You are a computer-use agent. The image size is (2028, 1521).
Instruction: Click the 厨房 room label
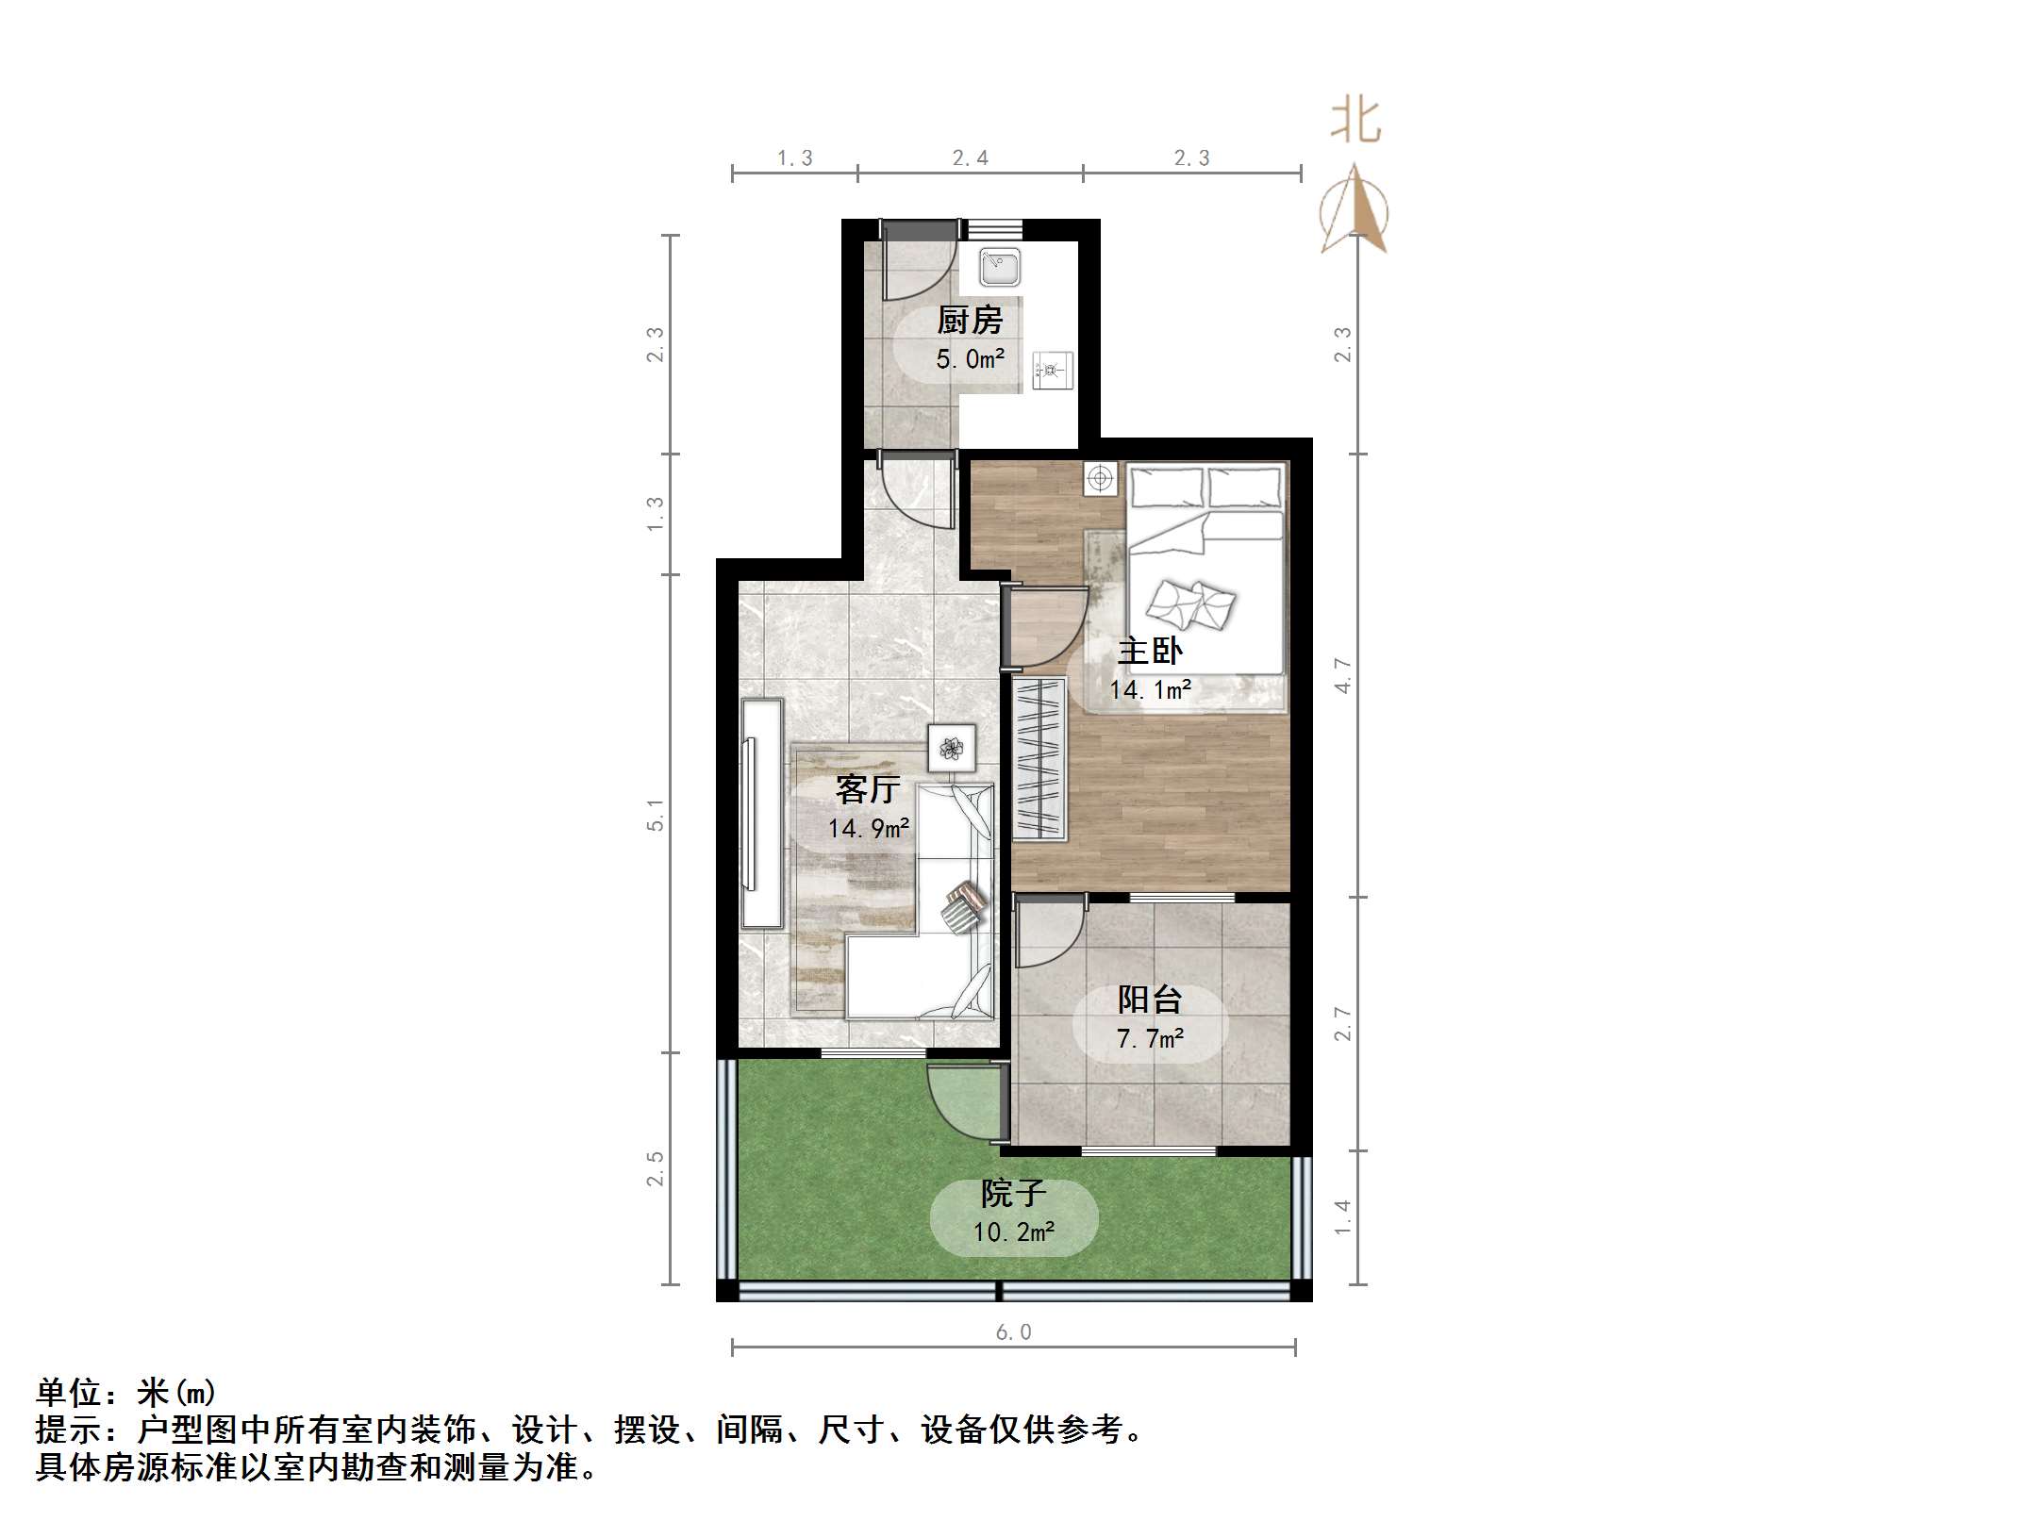pos(970,321)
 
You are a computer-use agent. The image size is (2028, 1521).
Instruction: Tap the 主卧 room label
pos(1150,651)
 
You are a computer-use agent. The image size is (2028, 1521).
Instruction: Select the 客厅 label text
pos(868,788)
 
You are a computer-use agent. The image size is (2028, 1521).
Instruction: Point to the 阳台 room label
pos(1150,1000)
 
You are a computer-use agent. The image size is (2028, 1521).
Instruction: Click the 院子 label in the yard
pos(1013,1194)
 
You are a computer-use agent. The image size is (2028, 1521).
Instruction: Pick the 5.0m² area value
pos(970,359)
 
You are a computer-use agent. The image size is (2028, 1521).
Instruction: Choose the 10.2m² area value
pos(1013,1232)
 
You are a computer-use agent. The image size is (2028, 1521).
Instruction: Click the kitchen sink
pos(999,267)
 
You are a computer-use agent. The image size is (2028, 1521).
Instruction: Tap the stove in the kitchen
pos(1052,370)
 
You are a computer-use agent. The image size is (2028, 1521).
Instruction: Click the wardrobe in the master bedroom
pos(1039,759)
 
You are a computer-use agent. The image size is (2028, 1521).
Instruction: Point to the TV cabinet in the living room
pos(761,813)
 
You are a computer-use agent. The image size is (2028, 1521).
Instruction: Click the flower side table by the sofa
pos(952,749)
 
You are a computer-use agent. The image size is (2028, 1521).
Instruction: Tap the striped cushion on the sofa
pos(963,908)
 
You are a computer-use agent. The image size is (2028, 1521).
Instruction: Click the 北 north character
pos(1355,122)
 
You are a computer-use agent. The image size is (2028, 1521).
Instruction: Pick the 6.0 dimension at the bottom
pos(1013,1331)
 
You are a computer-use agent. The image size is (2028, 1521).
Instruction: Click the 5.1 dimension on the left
pos(655,814)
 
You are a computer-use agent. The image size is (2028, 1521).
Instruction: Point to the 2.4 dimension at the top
pos(970,158)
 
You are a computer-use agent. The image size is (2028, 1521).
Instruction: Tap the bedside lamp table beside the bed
pos(1100,479)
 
